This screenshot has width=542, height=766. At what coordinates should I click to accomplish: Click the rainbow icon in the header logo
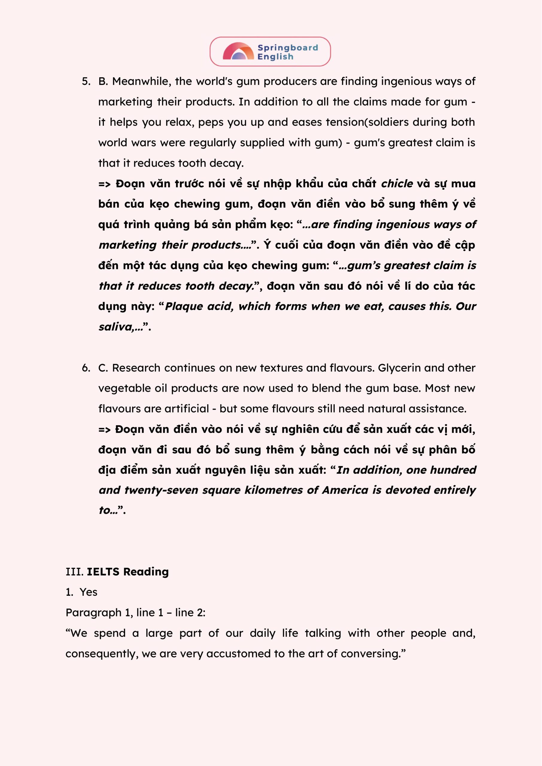(238, 51)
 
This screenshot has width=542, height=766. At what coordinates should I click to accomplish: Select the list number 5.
(86, 81)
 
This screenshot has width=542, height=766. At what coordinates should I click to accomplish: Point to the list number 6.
(86, 368)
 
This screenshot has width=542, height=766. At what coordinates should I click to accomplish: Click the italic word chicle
(397, 184)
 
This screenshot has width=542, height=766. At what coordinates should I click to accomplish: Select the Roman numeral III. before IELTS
(74, 572)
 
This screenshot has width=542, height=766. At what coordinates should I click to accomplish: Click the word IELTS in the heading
(103, 572)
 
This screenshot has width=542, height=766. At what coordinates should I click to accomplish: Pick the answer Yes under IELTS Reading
(89, 592)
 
